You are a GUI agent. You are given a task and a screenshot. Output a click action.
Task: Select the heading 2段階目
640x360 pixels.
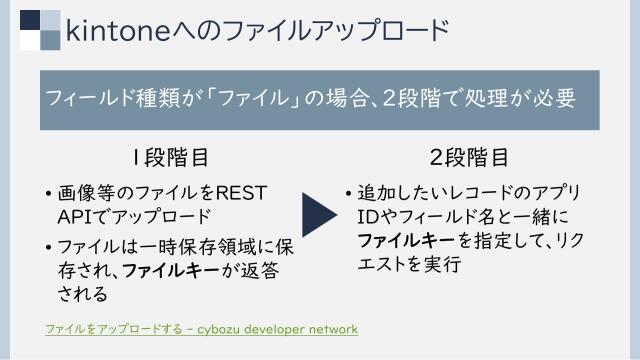pyautogui.click(x=469, y=157)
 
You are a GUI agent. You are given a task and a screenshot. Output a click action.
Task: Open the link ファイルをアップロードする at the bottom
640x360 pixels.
pyautogui.click(x=112, y=329)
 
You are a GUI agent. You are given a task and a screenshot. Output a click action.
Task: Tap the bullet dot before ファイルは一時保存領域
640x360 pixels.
pyautogui.click(x=49, y=245)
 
